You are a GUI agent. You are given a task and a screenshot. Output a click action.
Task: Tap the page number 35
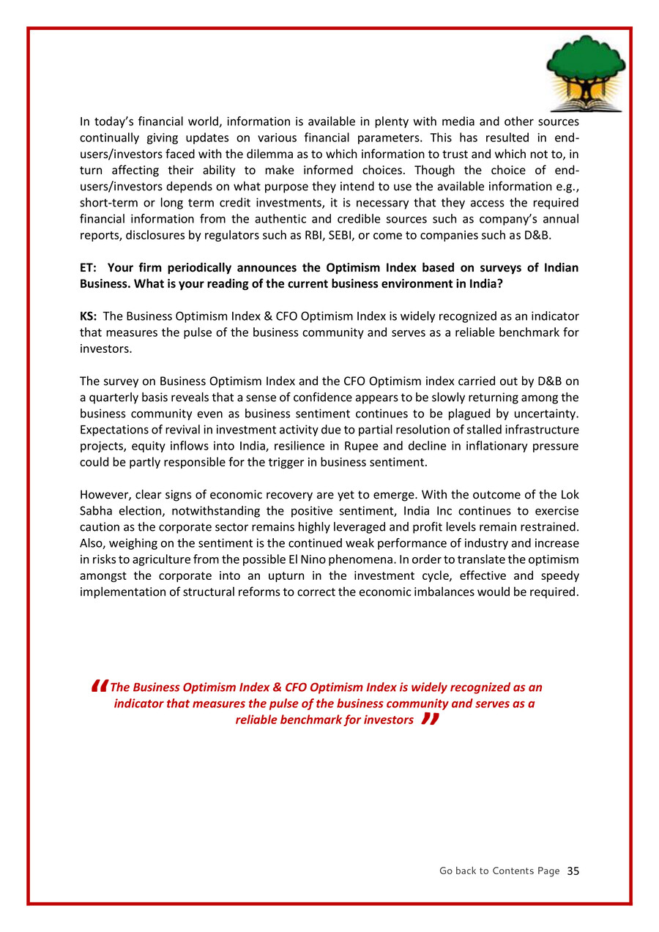coord(573,871)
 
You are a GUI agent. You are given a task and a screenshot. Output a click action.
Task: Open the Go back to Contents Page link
coord(499,871)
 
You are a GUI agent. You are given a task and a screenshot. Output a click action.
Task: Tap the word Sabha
coord(97,511)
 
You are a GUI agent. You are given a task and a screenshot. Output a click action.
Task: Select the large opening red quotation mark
coord(100,687)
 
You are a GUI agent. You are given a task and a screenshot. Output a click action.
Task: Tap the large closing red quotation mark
coord(430,720)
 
